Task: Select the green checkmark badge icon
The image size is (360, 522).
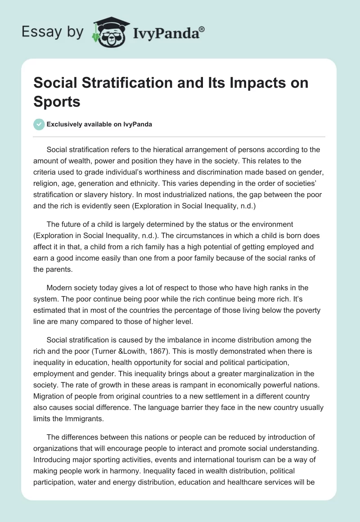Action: click(39, 124)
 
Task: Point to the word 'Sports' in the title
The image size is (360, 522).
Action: click(57, 102)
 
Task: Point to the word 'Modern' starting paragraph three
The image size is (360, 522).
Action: click(60, 288)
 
